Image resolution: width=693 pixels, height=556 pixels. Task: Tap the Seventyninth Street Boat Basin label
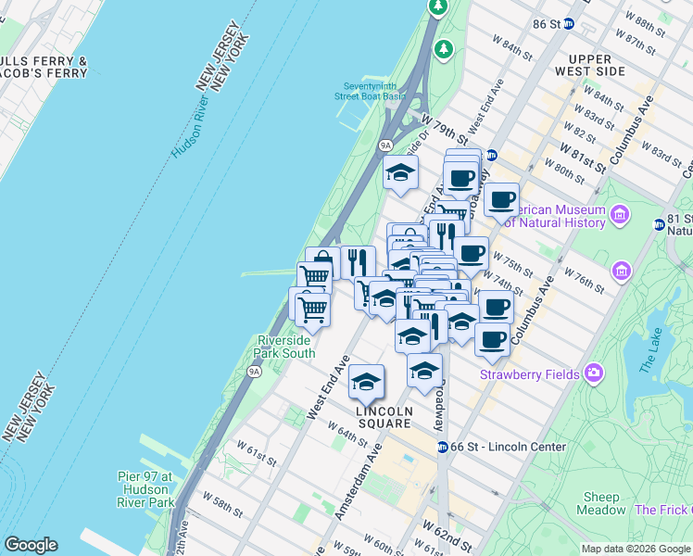(x=371, y=91)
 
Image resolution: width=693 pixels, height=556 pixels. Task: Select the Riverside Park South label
(x=285, y=347)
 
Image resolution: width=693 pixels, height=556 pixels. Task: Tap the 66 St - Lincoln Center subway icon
(x=443, y=447)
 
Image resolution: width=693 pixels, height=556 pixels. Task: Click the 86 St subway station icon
(x=568, y=24)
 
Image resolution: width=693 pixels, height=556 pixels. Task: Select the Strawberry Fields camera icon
(x=593, y=374)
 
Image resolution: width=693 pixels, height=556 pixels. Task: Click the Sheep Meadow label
(x=600, y=503)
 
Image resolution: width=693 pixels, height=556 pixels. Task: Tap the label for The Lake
(x=654, y=353)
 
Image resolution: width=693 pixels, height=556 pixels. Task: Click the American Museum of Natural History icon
(x=620, y=216)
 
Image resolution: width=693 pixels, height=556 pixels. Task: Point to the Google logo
(x=31, y=545)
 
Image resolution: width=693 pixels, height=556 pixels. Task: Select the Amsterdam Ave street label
(x=359, y=483)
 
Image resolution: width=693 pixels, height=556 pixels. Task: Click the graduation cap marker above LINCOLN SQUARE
(x=367, y=381)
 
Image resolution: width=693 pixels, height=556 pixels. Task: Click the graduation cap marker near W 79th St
(x=401, y=172)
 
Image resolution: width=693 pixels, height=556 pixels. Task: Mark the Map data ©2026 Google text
(x=636, y=549)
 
